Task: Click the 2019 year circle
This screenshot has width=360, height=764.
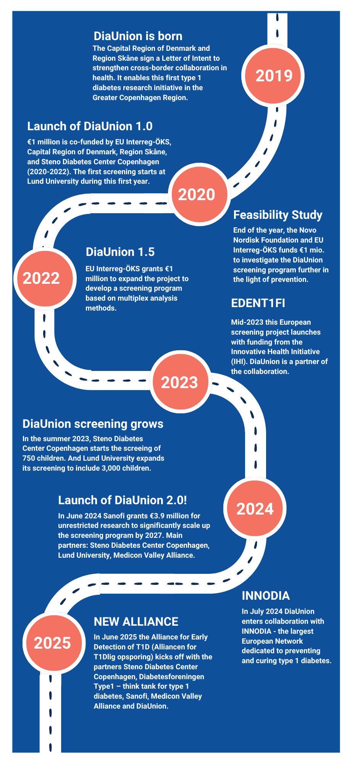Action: click(x=273, y=75)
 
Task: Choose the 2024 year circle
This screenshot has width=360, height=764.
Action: click(x=255, y=508)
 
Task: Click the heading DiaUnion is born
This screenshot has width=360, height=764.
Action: click(x=138, y=36)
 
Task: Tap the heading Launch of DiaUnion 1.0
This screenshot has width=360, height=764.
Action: click(x=90, y=126)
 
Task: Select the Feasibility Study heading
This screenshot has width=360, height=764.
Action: click(x=278, y=215)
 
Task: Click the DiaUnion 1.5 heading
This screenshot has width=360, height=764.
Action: click(x=120, y=252)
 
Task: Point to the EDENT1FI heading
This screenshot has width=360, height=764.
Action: click(x=258, y=303)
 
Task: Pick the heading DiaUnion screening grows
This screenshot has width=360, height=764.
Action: click(x=93, y=424)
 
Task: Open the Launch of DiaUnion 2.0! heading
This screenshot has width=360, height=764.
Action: click(x=123, y=500)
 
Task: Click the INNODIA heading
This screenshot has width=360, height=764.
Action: click(x=266, y=596)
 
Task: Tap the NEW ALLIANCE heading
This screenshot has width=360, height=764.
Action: click(x=136, y=622)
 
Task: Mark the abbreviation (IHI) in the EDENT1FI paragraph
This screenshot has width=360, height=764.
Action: click(x=239, y=361)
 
